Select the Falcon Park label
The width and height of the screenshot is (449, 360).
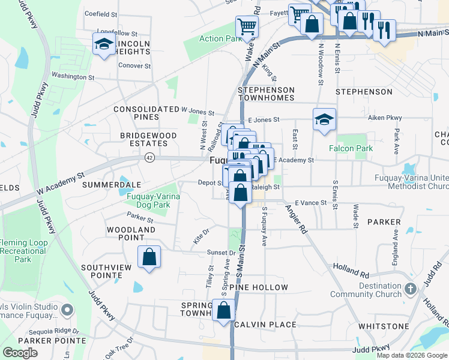(x=351, y=148)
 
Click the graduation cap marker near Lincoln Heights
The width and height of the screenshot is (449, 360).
(x=104, y=44)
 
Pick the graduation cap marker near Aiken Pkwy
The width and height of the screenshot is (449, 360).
(x=324, y=120)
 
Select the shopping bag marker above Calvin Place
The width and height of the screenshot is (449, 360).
(x=224, y=311)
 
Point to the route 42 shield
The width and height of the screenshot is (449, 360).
(x=149, y=157)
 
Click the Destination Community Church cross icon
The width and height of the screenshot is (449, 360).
(x=411, y=289)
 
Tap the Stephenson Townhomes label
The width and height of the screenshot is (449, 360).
(x=266, y=94)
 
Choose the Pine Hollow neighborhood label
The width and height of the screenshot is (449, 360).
(x=262, y=288)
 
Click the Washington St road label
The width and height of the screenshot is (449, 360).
(x=73, y=77)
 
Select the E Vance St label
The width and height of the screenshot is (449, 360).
(x=310, y=203)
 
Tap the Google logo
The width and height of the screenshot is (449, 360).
(x=20, y=353)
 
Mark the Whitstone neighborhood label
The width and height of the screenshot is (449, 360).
(x=384, y=326)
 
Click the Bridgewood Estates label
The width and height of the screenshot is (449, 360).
(x=148, y=140)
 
